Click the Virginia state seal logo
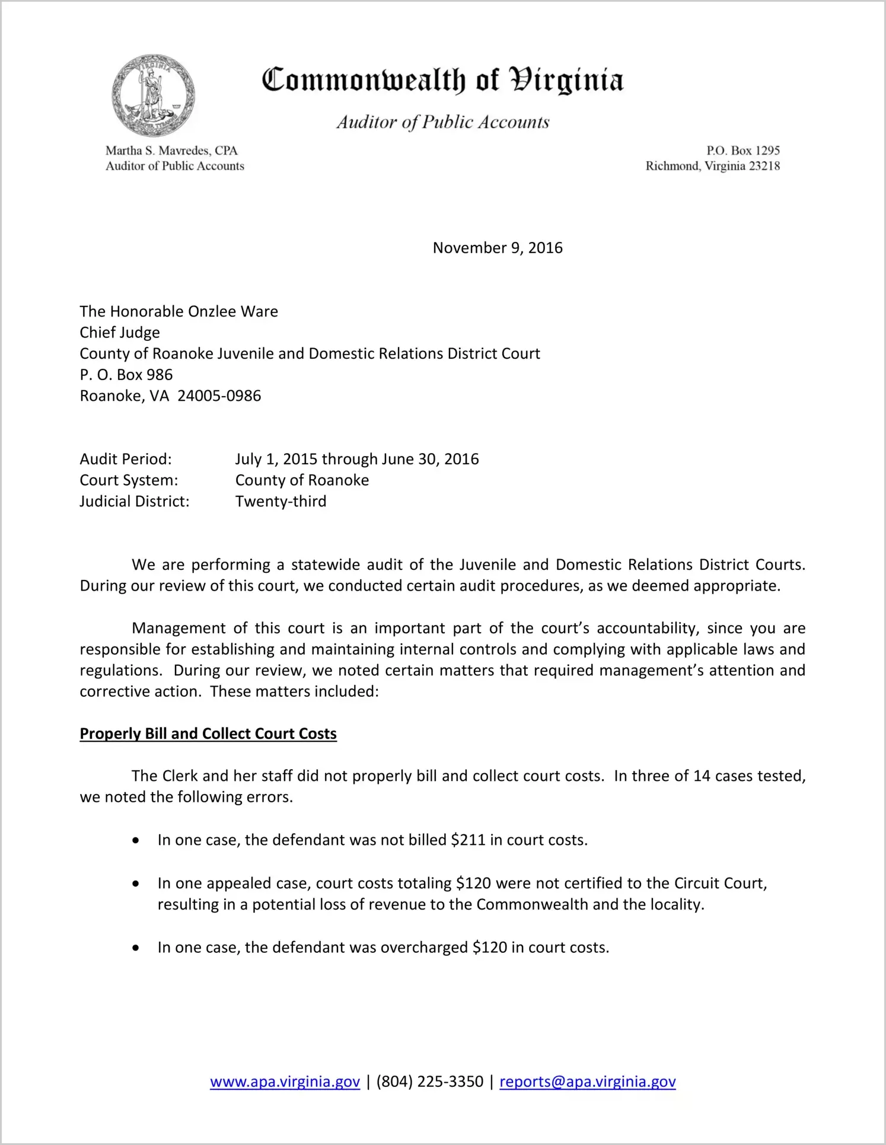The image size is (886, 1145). click(154, 95)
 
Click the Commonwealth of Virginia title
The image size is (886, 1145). click(442, 80)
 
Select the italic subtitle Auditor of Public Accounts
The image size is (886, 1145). click(442, 122)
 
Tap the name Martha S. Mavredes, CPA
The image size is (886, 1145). click(171, 151)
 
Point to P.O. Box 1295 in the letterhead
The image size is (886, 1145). click(742, 151)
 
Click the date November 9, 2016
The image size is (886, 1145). click(498, 248)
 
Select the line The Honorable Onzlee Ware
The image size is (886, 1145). click(179, 311)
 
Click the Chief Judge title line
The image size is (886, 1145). click(120, 333)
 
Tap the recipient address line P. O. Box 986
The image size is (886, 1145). click(126, 375)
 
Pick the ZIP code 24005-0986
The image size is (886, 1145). click(219, 396)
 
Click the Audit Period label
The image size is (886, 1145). click(126, 459)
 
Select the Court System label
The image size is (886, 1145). click(129, 480)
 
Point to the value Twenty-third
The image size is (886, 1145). click(281, 502)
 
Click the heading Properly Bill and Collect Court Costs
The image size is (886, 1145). click(208, 734)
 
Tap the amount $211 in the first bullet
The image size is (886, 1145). click(468, 840)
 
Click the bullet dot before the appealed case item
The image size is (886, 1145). click(136, 884)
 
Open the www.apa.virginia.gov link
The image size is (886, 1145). click(285, 1082)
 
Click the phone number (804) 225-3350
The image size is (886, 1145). click(429, 1082)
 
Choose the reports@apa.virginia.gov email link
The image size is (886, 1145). click(587, 1082)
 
